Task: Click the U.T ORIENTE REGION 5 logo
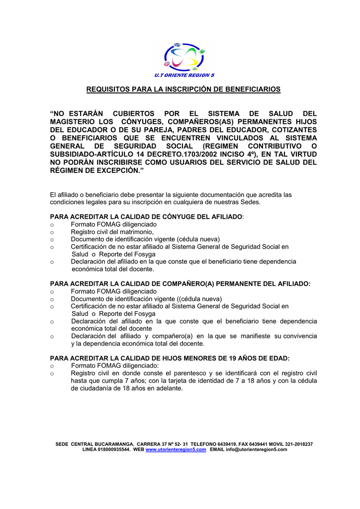click(184, 60)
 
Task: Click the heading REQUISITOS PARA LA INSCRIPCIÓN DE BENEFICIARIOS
click(183, 89)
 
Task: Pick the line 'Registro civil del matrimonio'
click(112, 232)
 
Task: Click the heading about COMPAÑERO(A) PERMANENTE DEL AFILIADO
click(180, 283)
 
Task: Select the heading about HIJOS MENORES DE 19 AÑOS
click(170, 358)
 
